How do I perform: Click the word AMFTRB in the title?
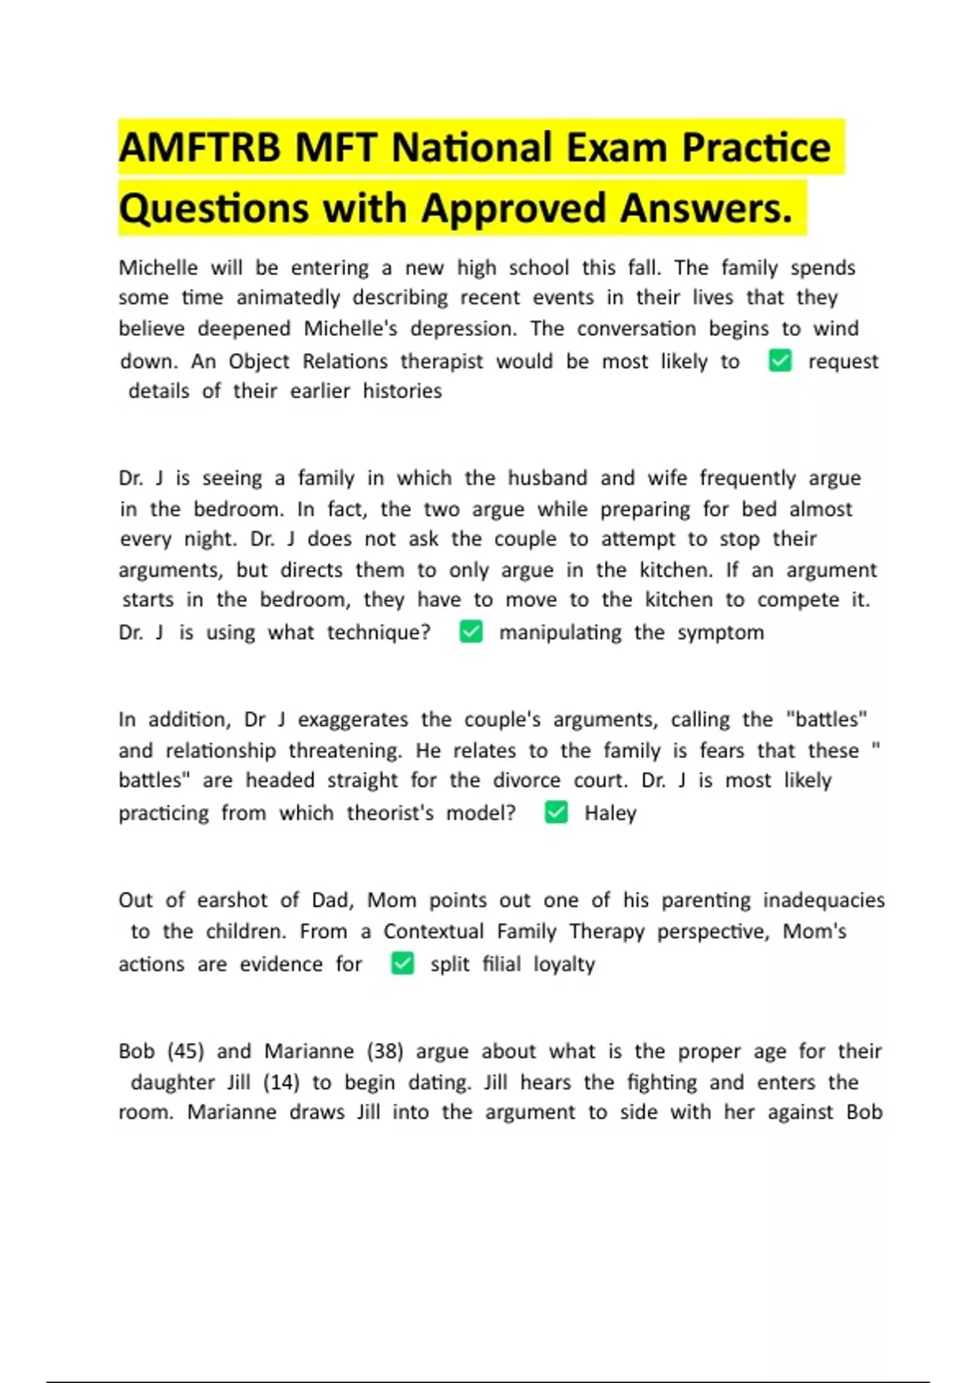[x=200, y=149]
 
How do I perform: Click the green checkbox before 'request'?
[x=780, y=360]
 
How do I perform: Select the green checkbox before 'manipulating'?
[x=471, y=632]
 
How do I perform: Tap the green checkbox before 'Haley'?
[x=556, y=813]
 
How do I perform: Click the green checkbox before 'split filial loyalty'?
[x=403, y=964]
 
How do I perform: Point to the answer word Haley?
[x=610, y=814]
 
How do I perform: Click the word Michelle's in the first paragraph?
[x=351, y=329]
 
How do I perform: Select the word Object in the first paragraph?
[x=259, y=361]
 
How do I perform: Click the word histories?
[x=402, y=391]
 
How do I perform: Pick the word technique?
[x=379, y=633]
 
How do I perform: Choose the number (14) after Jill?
[x=281, y=1083]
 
